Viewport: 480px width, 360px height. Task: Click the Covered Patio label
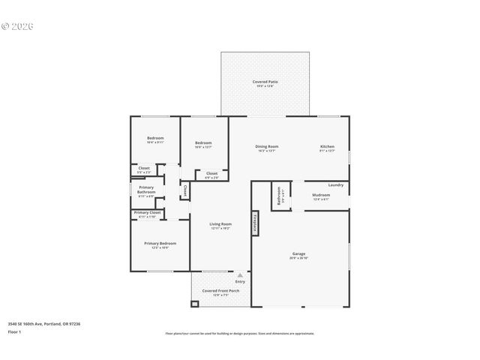265,81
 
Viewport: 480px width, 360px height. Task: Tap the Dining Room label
266,146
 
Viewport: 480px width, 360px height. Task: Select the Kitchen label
328,146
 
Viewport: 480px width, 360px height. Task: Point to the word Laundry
336,184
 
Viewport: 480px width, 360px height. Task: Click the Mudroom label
321,195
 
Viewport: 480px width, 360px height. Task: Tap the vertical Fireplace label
255,223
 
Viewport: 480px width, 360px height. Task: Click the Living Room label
220,223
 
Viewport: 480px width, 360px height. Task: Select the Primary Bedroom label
160,243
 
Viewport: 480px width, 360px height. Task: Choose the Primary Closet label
147,213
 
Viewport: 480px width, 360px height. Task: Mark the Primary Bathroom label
146,189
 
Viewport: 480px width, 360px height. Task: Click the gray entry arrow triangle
240,275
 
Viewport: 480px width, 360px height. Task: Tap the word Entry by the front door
240,282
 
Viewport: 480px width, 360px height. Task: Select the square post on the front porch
196,304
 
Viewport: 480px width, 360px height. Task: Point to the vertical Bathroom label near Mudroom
279,196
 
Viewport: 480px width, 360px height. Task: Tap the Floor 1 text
15,331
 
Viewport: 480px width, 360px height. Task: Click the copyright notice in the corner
18,25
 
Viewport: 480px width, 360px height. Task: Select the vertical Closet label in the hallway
185,190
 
